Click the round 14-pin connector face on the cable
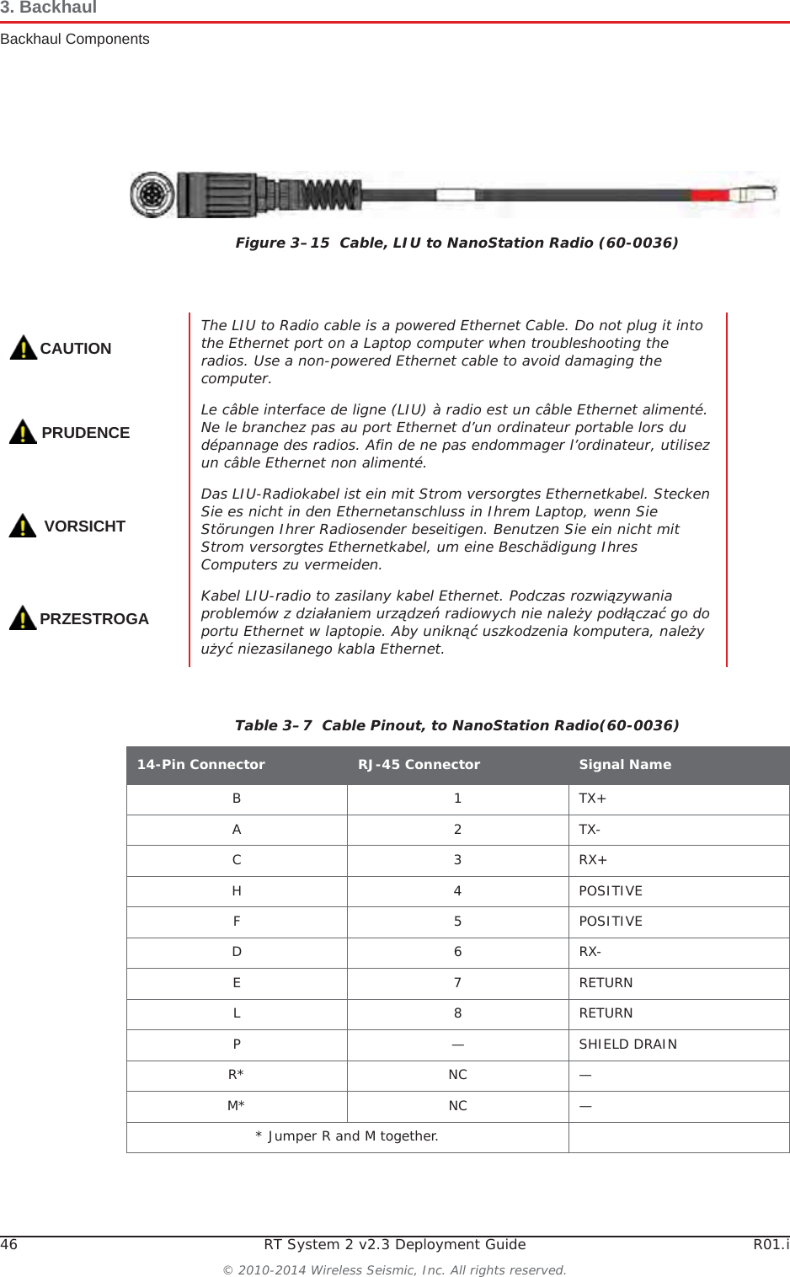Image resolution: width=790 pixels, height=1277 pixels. click(x=152, y=195)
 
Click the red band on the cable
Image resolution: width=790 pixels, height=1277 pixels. click(x=709, y=195)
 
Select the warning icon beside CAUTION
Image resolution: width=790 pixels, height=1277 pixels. click(x=23, y=347)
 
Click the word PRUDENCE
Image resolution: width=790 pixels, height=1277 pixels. click(x=85, y=433)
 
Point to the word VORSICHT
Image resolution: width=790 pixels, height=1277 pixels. click(x=84, y=526)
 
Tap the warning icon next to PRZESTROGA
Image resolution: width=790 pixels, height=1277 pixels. click(x=23, y=617)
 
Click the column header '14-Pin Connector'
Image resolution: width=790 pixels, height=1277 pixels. click(x=200, y=765)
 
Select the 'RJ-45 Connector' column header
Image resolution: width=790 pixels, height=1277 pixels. click(x=419, y=765)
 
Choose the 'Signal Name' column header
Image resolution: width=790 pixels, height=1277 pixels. click(x=625, y=765)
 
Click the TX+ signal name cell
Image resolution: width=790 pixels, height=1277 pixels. click(x=593, y=799)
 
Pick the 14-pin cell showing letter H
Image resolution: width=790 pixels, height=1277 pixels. click(x=237, y=891)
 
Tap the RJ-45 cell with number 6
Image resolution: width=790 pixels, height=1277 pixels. click(x=457, y=952)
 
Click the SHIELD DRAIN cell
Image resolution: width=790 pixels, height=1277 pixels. click(x=627, y=1045)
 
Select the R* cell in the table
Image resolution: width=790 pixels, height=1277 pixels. click(x=236, y=1075)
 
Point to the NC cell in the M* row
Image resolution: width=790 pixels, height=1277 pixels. click(x=457, y=1106)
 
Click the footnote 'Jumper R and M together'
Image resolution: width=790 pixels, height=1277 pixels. click(x=347, y=1136)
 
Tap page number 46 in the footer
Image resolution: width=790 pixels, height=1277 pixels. click(x=9, y=1245)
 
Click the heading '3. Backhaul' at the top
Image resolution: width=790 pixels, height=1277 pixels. click(x=49, y=8)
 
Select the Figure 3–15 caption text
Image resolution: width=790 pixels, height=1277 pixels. click(x=456, y=243)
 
